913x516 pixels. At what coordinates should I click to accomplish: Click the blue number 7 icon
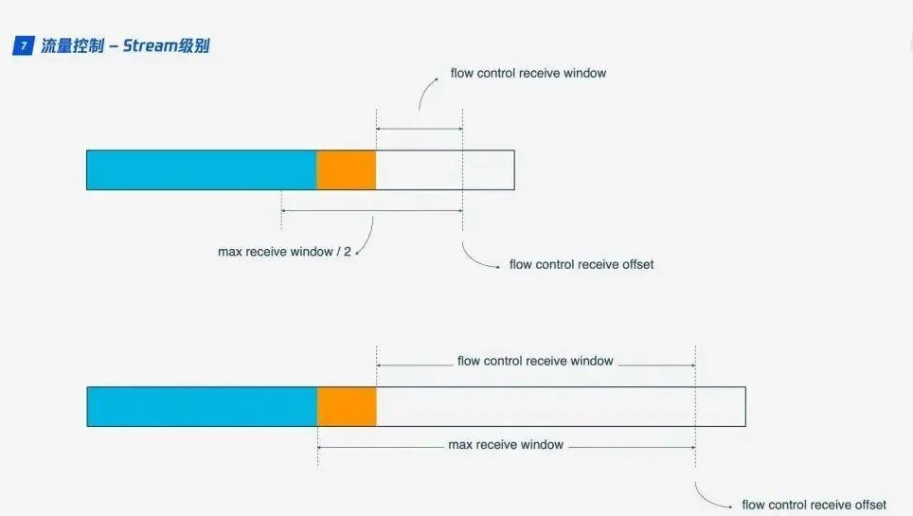pyautogui.click(x=23, y=46)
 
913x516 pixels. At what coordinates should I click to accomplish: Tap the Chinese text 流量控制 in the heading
pyautogui.click(x=72, y=45)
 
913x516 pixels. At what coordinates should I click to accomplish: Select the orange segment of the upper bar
pyautogui.click(x=346, y=169)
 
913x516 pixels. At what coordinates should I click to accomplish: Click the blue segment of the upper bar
pyautogui.click(x=201, y=169)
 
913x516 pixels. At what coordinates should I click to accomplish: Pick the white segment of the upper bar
pyautogui.click(x=445, y=169)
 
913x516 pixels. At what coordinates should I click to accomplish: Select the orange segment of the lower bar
pyautogui.click(x=347, y=406)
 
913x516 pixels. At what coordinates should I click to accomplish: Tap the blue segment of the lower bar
pyautogui.click(x=202, y=406)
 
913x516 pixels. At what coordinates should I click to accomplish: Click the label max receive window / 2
pyautogui.click(x=285, y=252)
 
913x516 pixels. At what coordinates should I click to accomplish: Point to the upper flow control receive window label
pyautogui.click(x=528, y=73)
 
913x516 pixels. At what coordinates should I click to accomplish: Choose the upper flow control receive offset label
pyautogui.click(x=582, y=264)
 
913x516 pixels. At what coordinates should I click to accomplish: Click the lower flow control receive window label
pyautogui.click(x=535, y=361)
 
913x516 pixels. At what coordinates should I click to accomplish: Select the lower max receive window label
pyautogui.click(x=506, y=444)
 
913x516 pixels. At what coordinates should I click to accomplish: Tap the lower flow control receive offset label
pyautogui.click(x=814, y=505)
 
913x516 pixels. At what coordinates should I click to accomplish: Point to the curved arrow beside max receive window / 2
pyautogui.click(x=367, y=237)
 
